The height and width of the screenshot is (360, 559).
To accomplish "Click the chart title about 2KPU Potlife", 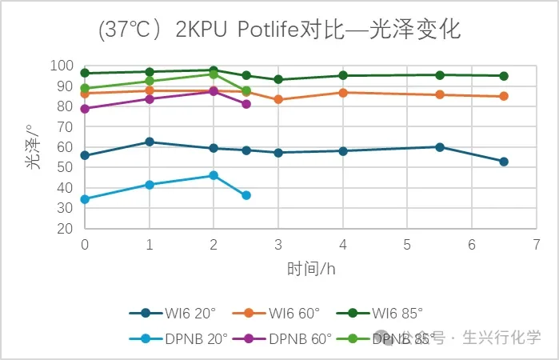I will pyautogui.click(x=279, y=30).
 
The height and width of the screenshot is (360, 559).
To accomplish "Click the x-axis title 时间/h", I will pyautogui.click(x=310, y=268).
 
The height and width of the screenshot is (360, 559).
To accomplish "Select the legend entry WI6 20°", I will pyautogui.click(x=172, y=314).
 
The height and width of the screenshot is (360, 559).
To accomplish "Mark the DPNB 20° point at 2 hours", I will pyautogui.click(x=214, y=175).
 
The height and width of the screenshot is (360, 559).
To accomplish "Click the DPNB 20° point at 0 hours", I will pyautogui.click(x=85, y=199).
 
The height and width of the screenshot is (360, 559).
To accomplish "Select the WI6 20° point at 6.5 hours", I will pyautogui.click(x=504, y=162).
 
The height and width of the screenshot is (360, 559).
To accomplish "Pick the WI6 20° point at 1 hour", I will pyautogui.click(x=150, y=142).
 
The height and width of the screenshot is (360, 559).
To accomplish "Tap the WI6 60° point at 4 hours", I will pyautogui.click(x=343, y=93).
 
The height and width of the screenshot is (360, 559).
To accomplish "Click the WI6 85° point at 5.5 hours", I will pyautogui.click(x=440, y=75).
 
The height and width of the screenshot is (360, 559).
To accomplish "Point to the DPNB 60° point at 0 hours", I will pyautogui.click(x=85, y=109).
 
